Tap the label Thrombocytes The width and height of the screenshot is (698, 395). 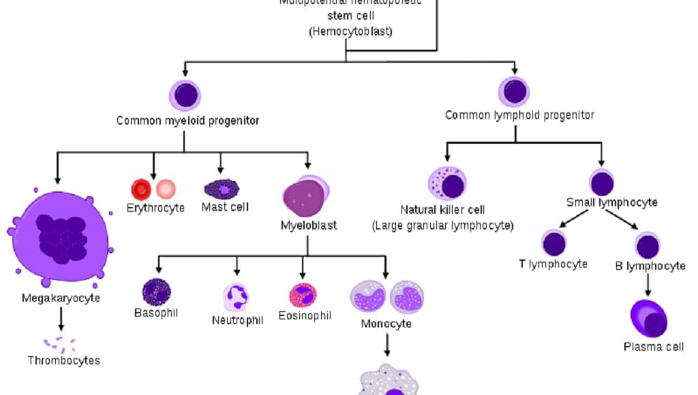64,360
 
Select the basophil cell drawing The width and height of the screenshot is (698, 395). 156,291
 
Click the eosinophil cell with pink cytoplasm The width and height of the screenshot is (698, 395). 303,295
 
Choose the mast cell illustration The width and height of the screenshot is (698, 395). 222,188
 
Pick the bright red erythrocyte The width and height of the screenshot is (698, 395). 141,189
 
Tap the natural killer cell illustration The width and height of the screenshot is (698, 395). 447,184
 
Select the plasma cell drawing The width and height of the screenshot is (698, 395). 648,319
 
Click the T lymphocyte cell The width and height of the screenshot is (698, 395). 554,243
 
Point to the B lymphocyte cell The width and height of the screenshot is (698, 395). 648,245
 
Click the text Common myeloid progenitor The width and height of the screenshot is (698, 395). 187,121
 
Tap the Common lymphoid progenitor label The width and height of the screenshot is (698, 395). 519,115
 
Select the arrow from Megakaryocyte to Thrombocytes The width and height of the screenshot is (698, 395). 61,319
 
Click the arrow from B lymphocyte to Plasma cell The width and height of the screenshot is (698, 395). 648,283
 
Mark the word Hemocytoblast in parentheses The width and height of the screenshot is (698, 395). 350,31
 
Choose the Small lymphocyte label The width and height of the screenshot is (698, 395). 611,202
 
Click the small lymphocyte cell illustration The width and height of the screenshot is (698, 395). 602,183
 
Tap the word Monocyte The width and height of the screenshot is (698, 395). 386,323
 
